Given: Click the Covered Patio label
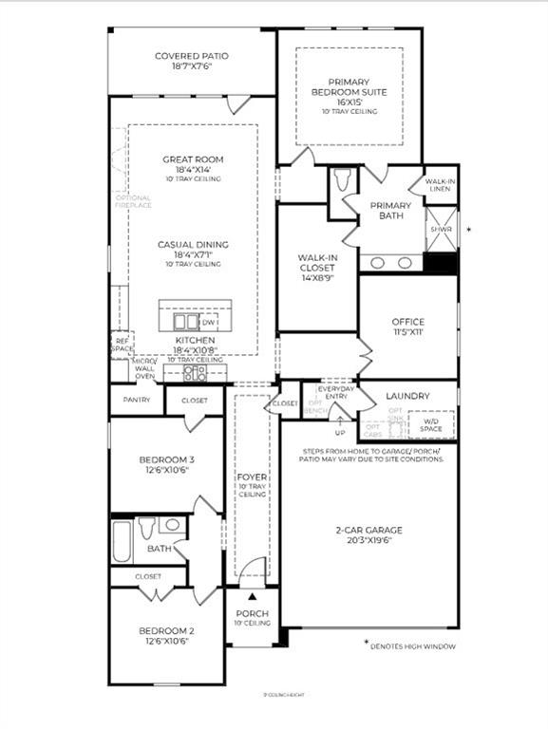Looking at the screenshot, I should tap(192, 56).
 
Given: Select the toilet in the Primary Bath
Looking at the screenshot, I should tap(343, 180).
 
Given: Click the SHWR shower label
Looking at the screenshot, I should tap(441, 230).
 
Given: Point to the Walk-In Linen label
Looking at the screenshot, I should tap(441, 185).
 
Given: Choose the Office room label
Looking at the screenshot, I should tap(408, 322).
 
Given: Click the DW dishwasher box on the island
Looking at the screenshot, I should tap(210, 323).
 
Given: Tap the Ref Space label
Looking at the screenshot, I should tap(122, 345).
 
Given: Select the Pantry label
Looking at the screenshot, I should tap(136, 401).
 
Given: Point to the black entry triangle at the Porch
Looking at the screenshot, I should tap(252, 596).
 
